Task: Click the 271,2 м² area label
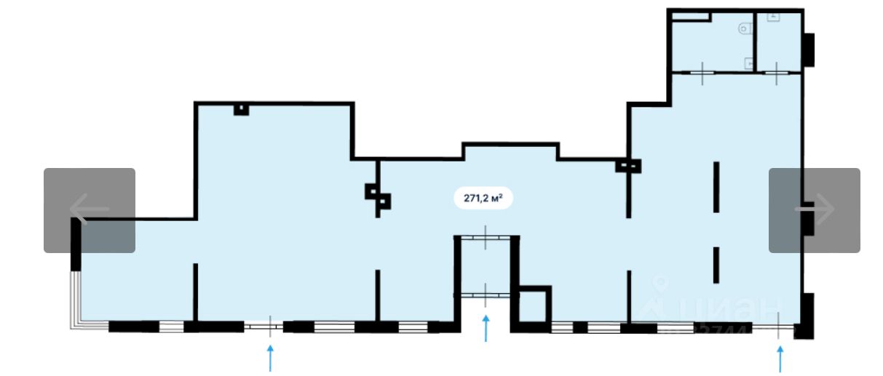[483, 198]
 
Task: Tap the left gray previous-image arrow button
[90, 210]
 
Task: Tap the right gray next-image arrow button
[814, 210]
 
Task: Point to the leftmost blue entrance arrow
[271, 357]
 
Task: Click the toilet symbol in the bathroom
[744, 29]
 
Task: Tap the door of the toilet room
[702, 73]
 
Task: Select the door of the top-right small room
[777, 73]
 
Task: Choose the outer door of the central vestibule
[486, 294]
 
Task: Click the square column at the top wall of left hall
[241, 109]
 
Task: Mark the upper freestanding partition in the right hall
[716, 187]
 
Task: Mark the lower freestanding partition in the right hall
[716, 265]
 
